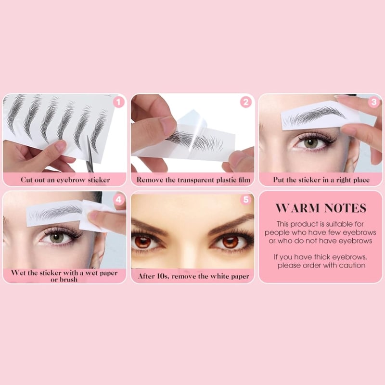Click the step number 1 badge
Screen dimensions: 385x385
(x=118, y=103)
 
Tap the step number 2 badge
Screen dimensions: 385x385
(x=246, y=102)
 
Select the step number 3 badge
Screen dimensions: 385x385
(x=374, y=102)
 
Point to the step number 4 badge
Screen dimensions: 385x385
(x=118, y=200)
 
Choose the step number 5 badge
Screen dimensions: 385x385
(x=246, y=200)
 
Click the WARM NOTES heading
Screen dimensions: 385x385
(x=321, y=208)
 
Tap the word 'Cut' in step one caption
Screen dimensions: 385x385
(x=26, y=180)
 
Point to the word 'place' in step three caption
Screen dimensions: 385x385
(x=360, y=180)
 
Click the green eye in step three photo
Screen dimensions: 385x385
(x=311, y=142)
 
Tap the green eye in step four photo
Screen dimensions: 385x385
(x=57, y=238)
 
